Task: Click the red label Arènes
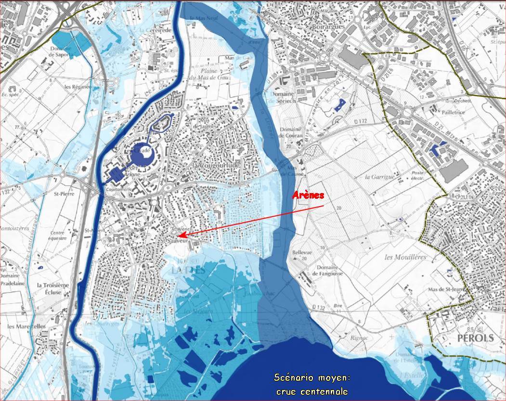pyautogui.click(x=309, y=195)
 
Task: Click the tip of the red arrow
pyautogui.click(x=179, y=235)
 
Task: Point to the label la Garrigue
pyautogui.click(x=379, y=177)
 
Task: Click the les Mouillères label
pyautogui.click(x=405, y=257)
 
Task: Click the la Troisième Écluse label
pyautogui.click(x=53, y=288)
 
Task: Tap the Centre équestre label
pyautogui.click(x=57, y=236)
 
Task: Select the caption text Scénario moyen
pyautogui.click(x=311, y=377)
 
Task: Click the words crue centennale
pyautogui.click(x=312, y=391)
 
